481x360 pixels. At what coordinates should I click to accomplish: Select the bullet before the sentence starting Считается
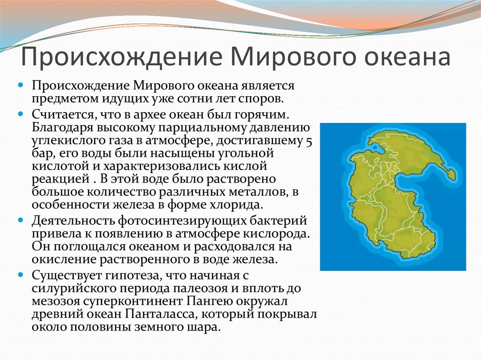[21, 114]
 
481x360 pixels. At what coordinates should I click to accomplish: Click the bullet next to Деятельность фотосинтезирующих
[21, 220]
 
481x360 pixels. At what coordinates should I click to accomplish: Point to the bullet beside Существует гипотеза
[21, 275]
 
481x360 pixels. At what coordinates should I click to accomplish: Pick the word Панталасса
[162, 314]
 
